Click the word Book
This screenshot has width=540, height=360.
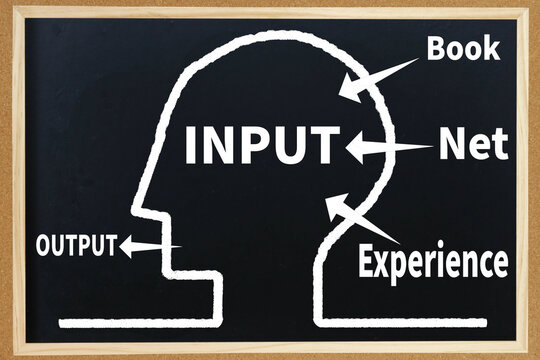tap(463, 47)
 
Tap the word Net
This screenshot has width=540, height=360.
tap(473, 147)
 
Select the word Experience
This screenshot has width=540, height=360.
tap(433, 262)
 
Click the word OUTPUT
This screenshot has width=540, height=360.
tap(76, 244)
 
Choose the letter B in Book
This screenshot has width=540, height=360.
tap(436, 47)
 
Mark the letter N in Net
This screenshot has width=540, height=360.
tap(451, 147)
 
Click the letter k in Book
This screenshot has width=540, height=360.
tap(491, 47)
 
